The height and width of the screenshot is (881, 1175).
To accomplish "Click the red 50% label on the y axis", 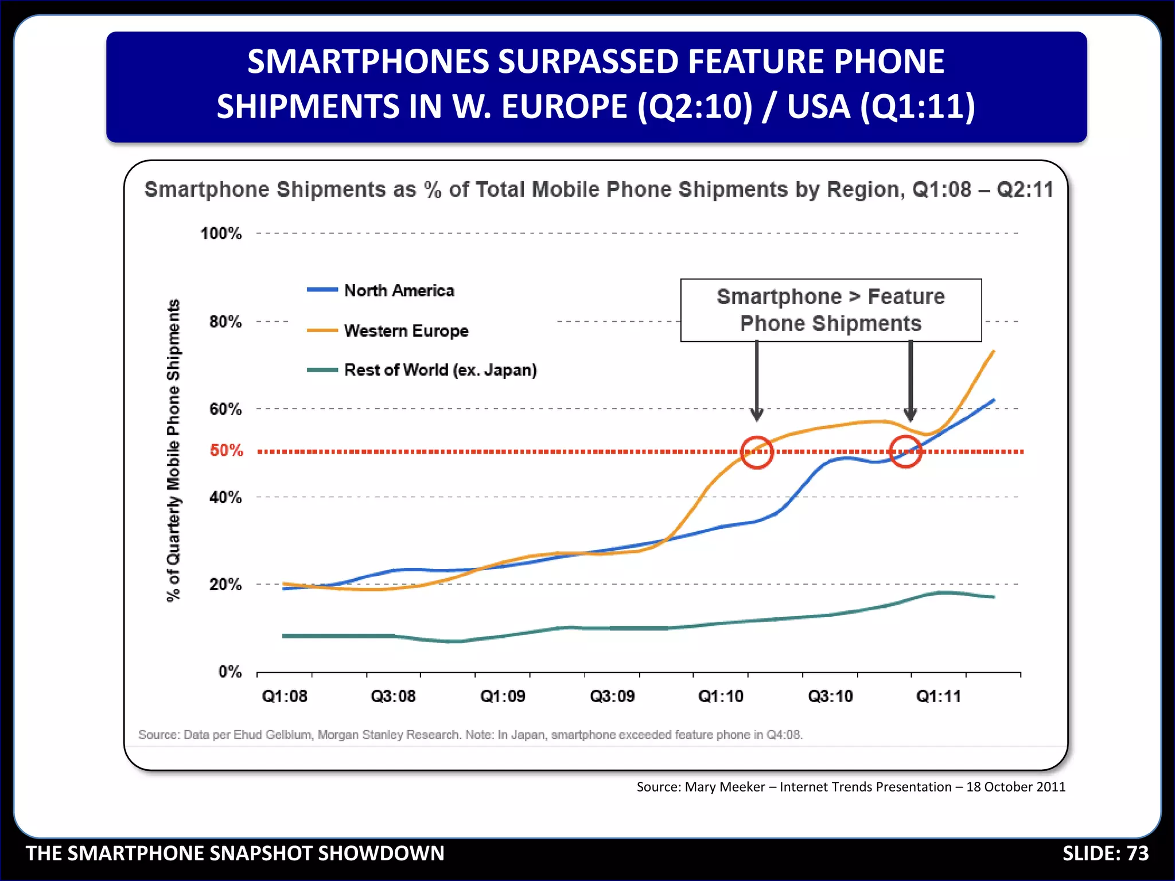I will (x=226, y=450).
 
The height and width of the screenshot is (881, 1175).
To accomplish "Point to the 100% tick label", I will (x=221, y=233).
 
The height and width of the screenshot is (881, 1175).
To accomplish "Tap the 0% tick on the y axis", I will (x=230, y=672).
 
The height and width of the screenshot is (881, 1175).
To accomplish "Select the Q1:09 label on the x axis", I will (x=503, y=696).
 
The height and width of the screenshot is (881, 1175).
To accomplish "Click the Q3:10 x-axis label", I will (x=830, y=696).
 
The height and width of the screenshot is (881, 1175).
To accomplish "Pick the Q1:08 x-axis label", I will (x=285, y=696).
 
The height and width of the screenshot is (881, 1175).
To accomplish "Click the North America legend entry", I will (x=398, y=290).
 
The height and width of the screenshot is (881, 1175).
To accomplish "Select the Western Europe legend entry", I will (x=406, y=330).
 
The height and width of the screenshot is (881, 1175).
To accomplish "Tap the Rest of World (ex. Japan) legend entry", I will (x=439, y=370).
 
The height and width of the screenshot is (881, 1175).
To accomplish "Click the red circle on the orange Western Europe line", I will (x=757, y=452).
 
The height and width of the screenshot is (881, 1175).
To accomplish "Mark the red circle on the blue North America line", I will (x=905, y=451).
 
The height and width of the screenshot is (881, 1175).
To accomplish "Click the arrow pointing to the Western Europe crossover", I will (x=757, y=381).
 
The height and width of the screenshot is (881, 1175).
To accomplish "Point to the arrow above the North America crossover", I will (x=910, y=381).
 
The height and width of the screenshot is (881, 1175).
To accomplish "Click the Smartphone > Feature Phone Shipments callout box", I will (x=830, y=310).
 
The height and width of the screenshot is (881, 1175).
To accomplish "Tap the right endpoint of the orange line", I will (x=993, y=352).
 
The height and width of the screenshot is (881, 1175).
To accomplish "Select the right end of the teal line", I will (x=993, y=597).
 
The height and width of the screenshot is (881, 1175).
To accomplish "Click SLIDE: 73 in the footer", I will (x=1105, y=853).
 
